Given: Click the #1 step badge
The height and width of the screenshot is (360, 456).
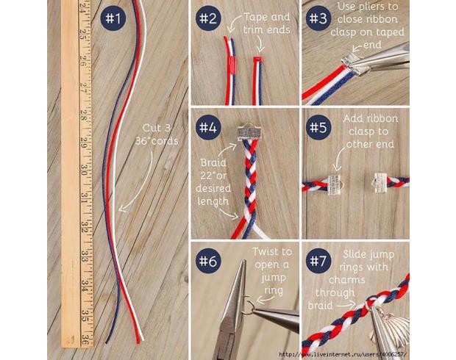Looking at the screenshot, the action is (x=113, y=18).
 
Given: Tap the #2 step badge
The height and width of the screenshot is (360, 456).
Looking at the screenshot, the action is (x=208, y=18).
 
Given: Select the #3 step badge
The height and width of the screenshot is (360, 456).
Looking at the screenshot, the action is (x=318, y=18).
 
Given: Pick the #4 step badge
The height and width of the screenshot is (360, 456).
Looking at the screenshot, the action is (x=208, y=127).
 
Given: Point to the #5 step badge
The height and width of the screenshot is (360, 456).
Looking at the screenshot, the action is (x=318, y=127).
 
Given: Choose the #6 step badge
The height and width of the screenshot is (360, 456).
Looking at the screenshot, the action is (x=208, y=261).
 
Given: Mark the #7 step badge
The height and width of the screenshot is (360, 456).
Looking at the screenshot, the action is (x=318, y=261).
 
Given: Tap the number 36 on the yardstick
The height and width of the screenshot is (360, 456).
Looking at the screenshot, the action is (x=85, y=339).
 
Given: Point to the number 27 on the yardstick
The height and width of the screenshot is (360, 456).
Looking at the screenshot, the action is (x=83, y=87).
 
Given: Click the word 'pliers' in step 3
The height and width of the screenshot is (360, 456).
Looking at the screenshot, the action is (x=384, y=7).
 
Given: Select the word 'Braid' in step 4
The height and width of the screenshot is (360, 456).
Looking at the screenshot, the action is (x=213, y=162).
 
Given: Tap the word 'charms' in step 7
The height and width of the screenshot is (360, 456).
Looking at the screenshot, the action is (x=347, y=280).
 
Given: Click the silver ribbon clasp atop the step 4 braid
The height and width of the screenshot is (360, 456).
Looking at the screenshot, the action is (x=249, y=132).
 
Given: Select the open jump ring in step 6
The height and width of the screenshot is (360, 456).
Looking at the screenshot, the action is (x=247, y=306).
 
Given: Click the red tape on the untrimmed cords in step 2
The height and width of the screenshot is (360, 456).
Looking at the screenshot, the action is (x=232, y=64).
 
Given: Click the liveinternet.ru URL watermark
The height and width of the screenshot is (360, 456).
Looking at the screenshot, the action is (x=343, y=354).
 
